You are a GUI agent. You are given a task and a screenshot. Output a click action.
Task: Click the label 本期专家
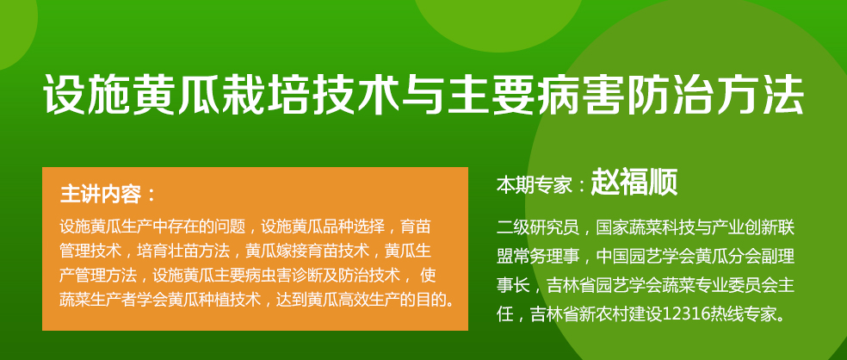pos(534,185)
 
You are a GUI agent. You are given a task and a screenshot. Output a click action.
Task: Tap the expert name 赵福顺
pos(634,183)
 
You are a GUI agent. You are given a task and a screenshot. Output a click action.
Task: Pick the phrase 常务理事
pos(541,256)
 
